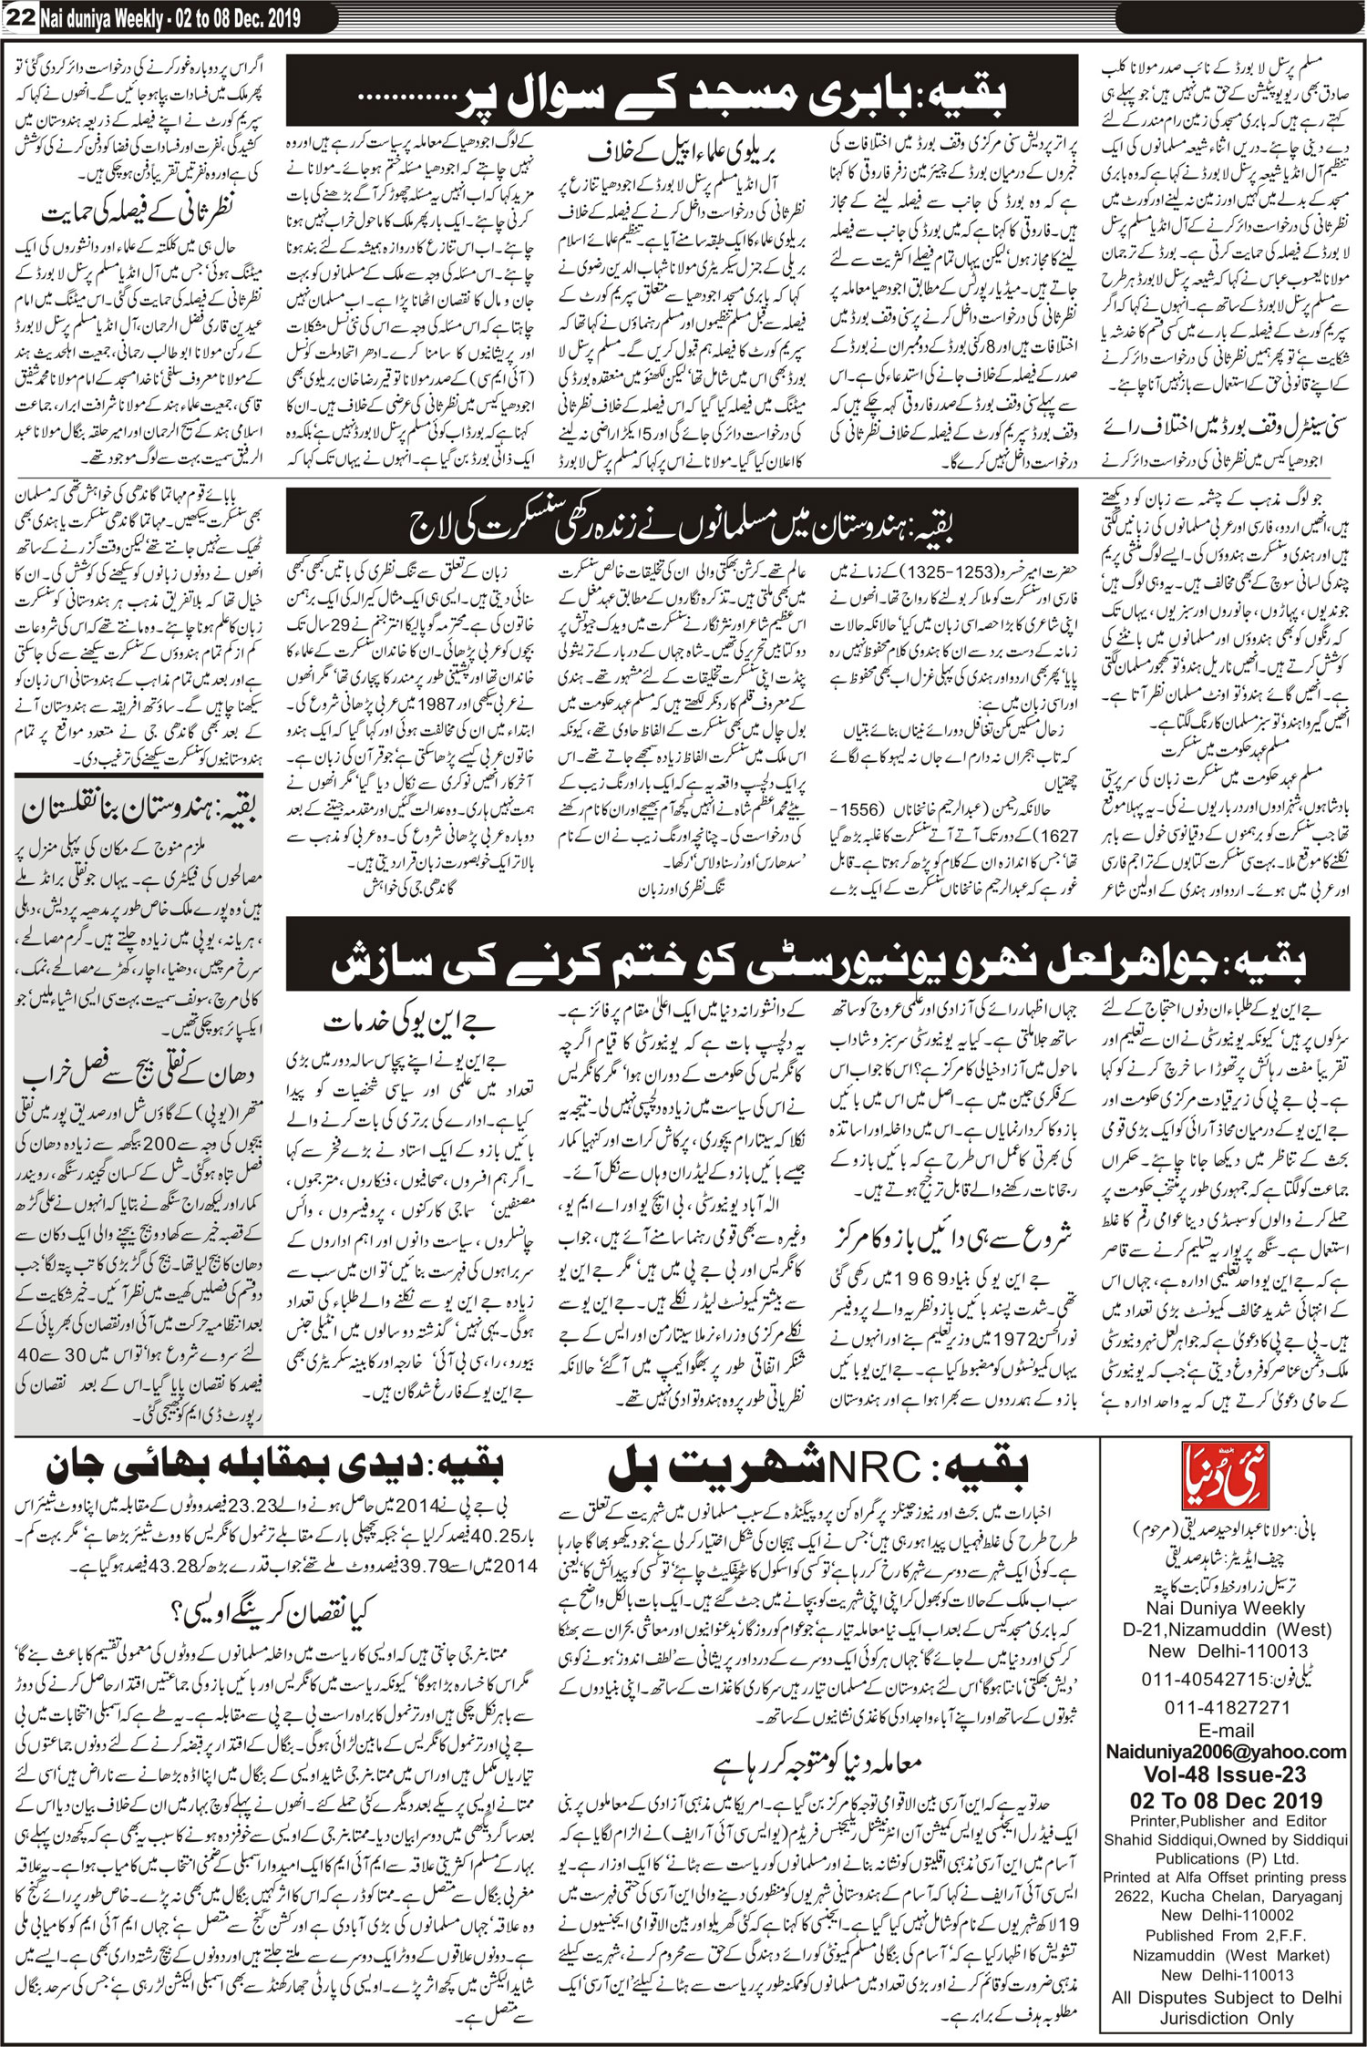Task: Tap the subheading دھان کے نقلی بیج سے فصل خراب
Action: pos(139,1076)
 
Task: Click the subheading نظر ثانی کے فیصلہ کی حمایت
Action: pos(139,215)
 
